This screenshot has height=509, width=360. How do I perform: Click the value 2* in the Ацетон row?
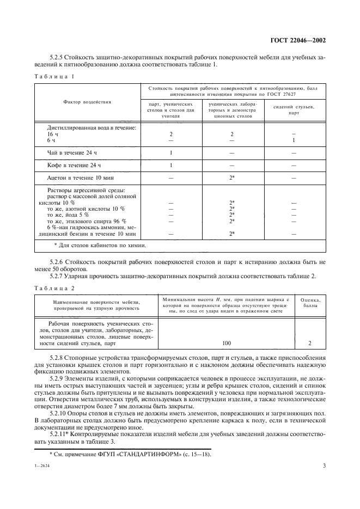point(232,177)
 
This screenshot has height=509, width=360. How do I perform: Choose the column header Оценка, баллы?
point(310,302)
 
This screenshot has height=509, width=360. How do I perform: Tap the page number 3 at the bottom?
point(324,466)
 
